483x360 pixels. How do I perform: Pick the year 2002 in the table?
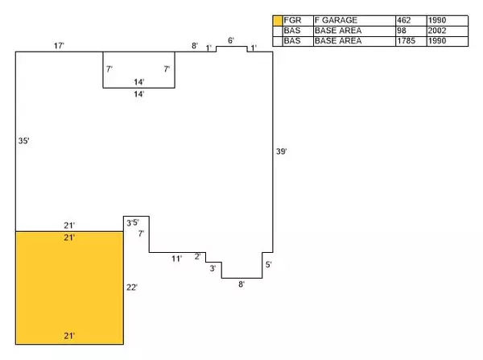point(438,30)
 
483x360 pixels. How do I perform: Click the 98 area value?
point(402,30)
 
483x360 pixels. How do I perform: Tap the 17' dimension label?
point(59,46)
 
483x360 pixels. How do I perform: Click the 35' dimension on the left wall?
point(23,141)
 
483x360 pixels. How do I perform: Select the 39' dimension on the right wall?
point(282,151)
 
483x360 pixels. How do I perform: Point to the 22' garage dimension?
point(133,287)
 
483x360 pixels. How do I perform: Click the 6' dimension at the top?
point(231,40)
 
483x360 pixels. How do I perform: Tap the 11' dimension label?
point(176,258)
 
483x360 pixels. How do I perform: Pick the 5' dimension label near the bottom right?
point(268,264)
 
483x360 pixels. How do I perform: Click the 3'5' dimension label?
point(132,222)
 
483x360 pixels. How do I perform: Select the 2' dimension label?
point(198,256)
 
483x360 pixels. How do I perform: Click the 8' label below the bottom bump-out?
point(240,283)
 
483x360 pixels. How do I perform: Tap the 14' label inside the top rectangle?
point(139,81)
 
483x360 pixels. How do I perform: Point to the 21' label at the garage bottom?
point(69,335)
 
